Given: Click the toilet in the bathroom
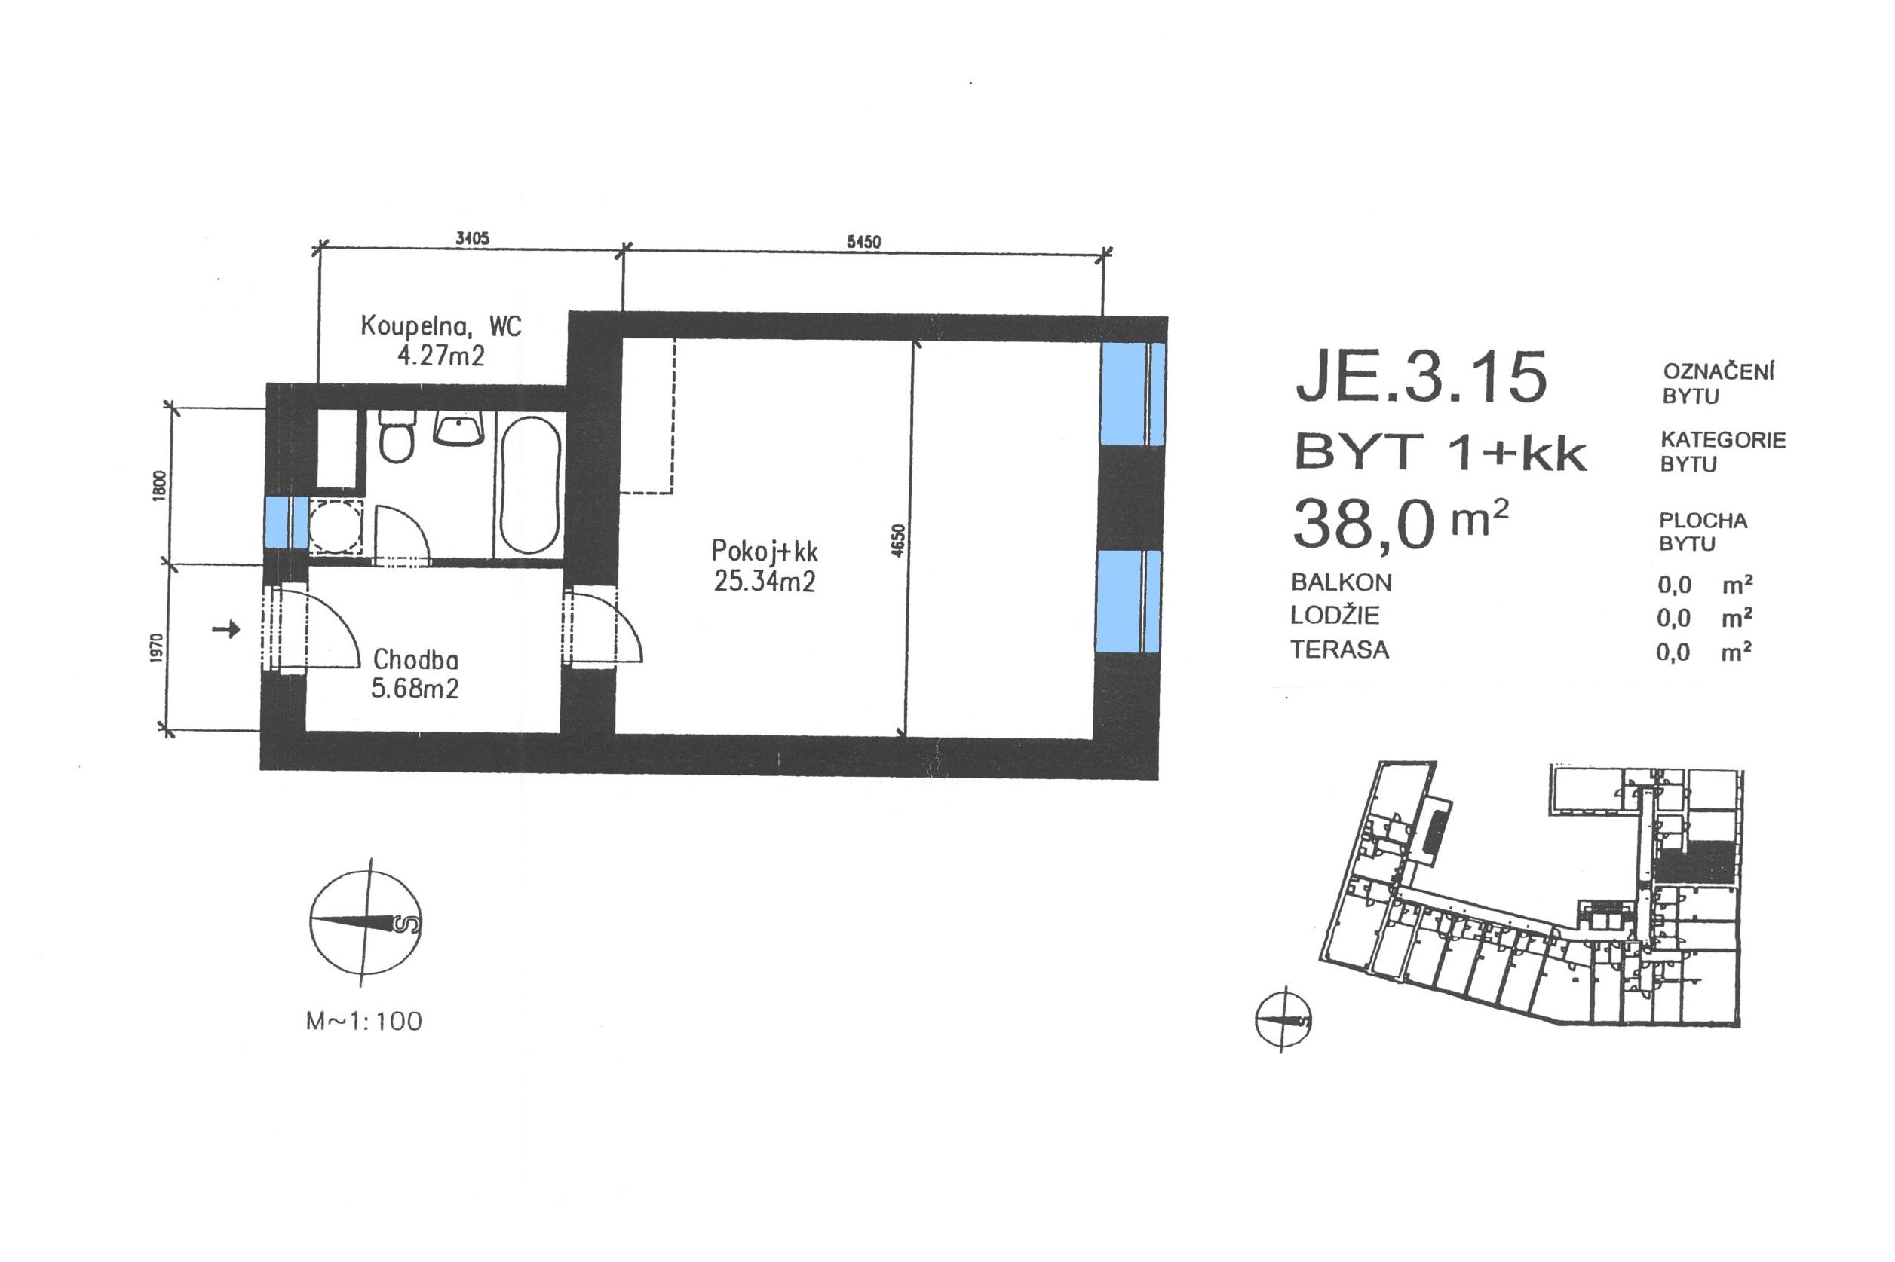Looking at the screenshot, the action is point(396,436).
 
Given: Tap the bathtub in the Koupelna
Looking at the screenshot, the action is point(529,485).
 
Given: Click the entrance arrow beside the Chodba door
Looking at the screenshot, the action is point(226,628).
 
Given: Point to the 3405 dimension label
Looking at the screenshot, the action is point(473,238).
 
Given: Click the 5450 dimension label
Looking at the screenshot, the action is point(863,241).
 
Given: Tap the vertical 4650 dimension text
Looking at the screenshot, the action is point(900,539).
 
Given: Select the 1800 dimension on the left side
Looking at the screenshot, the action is point(158,486).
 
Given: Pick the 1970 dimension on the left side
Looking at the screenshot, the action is point(157,649).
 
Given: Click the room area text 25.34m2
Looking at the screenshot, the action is point(765,580).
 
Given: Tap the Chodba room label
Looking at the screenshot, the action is point(415,660).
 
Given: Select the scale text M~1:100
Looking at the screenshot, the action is point(364,1022).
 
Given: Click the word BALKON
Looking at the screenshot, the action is point(1341,582).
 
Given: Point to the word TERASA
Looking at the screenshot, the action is point(1339,649).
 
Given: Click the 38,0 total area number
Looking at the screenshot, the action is point(1363,524).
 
